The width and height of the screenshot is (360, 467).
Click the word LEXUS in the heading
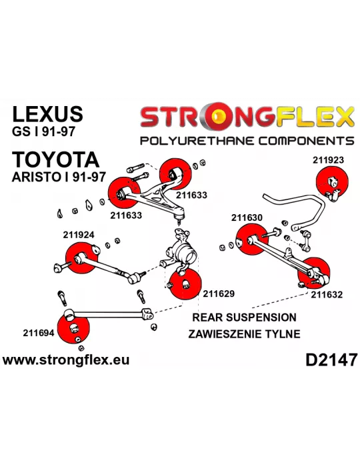tap(47, 113)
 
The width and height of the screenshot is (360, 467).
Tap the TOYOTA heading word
tap(55, 159)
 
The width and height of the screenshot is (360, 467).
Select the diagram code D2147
tap(331, 360)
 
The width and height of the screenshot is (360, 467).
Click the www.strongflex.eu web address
tap(66, 360)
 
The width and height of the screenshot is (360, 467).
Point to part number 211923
tap(328, 160)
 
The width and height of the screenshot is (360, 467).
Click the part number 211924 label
tap(79, 235)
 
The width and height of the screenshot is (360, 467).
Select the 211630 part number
tap(247, 217)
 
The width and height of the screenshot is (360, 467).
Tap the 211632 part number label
tap(327, 295)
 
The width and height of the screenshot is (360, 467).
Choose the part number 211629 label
tap(219, 294)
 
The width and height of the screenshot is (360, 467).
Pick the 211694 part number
tap(39, 333)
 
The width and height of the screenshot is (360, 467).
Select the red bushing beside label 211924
tap(81, 258)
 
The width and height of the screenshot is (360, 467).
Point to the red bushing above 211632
tap(313, 272)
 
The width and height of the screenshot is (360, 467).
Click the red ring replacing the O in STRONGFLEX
tap(219, 117)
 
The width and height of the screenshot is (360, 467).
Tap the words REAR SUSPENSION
tap(244, 318)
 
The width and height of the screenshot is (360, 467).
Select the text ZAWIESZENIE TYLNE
tap(244, 334)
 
